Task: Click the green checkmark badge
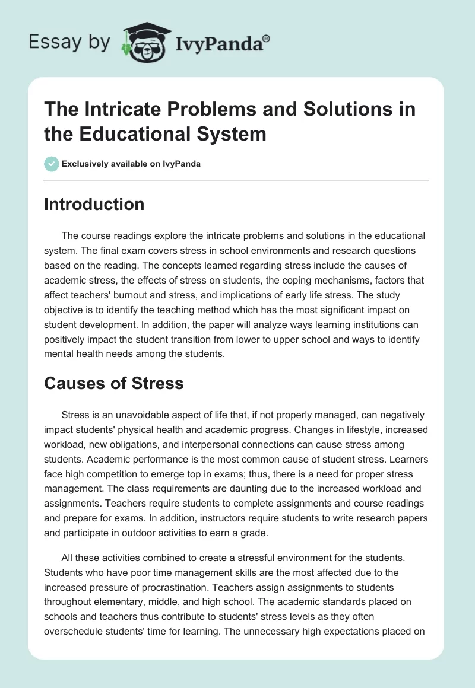click(52, 164)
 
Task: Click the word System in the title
click(230, 133)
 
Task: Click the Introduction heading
click(94, 204)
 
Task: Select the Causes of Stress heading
click(114, 383)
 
